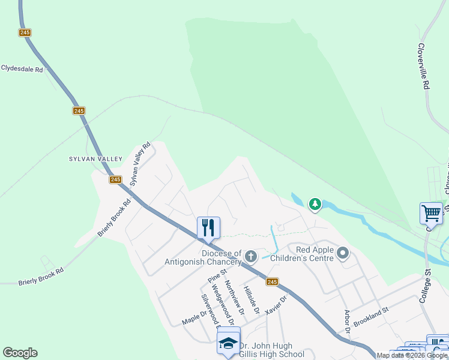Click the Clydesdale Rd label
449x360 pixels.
point(22,69)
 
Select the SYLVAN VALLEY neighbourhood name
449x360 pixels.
point(95,159)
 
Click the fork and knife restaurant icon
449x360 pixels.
point(208,228)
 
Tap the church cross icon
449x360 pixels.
point(251,257)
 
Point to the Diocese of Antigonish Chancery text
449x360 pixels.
point(203,257)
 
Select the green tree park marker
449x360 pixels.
point(315,205)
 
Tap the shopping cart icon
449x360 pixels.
point(431,213)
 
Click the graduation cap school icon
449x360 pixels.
point(228,343)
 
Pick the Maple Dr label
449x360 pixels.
point(195,318)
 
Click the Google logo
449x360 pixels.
point(20,353)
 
